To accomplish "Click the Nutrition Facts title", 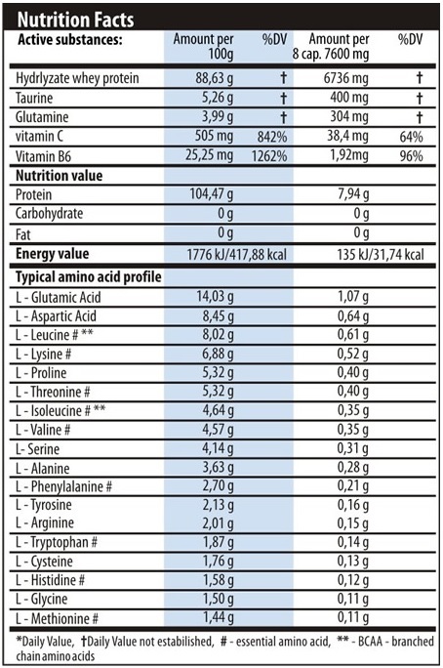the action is point(75,20).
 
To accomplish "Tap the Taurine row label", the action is point(34,98).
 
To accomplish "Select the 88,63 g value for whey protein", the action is point(214,78).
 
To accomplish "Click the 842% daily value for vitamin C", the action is point(272,137).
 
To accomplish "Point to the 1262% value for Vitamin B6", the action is point(269,156).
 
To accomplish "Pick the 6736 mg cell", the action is point(346,78).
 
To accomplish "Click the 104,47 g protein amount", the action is point(211,194).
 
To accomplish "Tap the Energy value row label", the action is point(53,254).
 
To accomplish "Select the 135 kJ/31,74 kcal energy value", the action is point(381,255).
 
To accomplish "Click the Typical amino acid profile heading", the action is point(89,277).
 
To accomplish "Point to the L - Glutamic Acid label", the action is point(59,297).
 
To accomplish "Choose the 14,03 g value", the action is point(215,297).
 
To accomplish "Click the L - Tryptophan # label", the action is point(57,543).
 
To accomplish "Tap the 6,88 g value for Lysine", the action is point(218,354).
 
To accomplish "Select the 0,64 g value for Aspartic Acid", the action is point(353,316).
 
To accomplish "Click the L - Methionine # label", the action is point(57,618).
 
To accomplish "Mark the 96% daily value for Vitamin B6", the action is point(411,156).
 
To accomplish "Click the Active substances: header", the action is point(70,40).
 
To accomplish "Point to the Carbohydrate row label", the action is point(50,214).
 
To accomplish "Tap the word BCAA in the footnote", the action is point(371,642).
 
